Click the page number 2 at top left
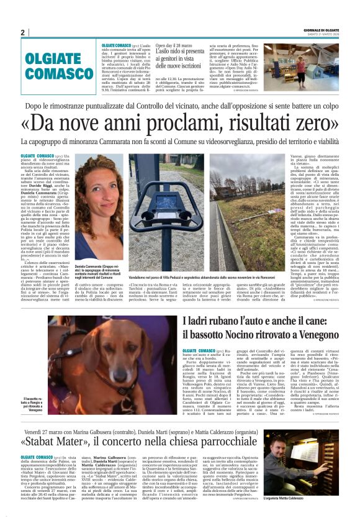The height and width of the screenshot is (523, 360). [22, 32]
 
